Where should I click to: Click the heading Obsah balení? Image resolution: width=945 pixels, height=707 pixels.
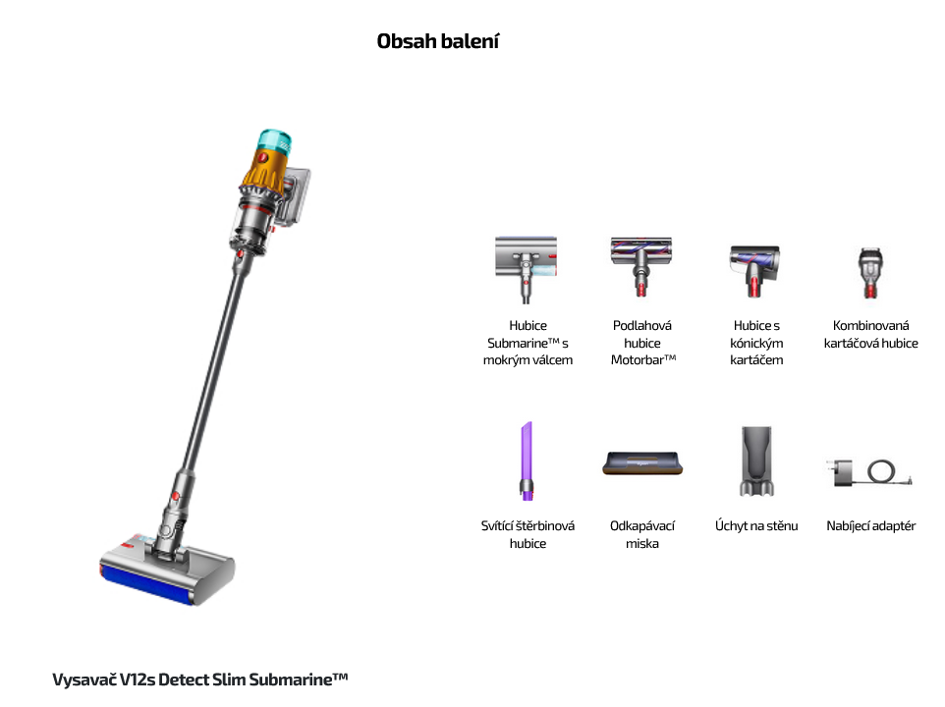tap(438, 41)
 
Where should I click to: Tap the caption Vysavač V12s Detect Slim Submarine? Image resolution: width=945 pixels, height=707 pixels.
tap(200, 680)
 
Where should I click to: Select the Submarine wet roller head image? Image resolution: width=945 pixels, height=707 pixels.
tap(527, 269)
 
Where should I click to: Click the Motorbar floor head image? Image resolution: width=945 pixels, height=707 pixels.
tap(641, 266)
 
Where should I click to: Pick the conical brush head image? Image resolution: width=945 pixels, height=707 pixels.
tap(755, 271)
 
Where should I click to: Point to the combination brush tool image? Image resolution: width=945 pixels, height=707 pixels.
tap(870, 273)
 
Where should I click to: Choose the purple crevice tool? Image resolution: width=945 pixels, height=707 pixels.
tap(527, 462)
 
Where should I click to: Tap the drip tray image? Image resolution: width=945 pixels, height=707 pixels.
tap(642, 463)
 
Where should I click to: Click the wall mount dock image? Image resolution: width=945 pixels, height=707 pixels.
tap(756, 461)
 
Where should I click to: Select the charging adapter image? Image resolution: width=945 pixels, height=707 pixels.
tap(869, 472)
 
